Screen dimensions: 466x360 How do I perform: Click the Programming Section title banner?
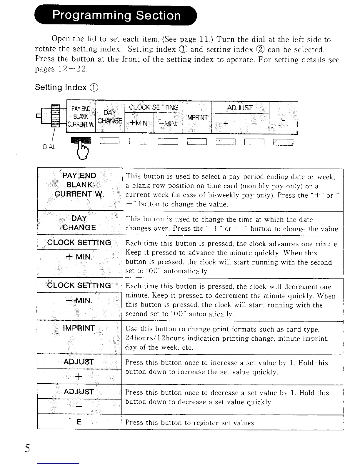point(116,15)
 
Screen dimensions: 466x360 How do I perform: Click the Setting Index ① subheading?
point(66,87)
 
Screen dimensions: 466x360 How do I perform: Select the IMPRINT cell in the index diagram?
point(197,118)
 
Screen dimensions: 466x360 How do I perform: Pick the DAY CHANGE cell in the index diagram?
point(110,117)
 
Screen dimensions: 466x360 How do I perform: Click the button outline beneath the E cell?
point(283,142)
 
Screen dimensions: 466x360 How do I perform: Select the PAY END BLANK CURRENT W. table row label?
point(79,185)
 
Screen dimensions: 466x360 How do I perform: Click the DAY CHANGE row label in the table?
point(79,223)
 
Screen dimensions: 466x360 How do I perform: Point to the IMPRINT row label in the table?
point(79,328)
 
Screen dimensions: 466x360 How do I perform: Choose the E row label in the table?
point(79,422)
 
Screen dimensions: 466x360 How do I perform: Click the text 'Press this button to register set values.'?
point(190,423)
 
